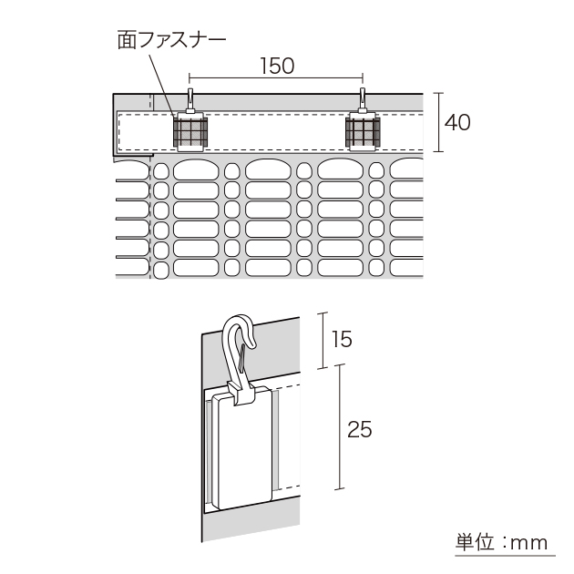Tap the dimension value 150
[x=277, y=66]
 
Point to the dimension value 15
[x=342, y=340]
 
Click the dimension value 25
[x=360, y=428]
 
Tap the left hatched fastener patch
[x=191, y=132]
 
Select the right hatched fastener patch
[x=363, y=132]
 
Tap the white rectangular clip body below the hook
[x=243, y=451]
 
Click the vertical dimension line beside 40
[x=439, y=121]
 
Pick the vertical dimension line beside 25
[x=340, y=427]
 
